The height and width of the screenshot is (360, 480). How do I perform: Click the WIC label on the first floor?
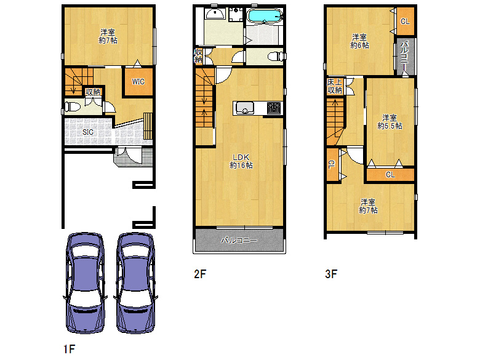pyautogui.click(x=138, y=82)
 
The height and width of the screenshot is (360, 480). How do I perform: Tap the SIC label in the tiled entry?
pyautogui.click(x=88, y=132)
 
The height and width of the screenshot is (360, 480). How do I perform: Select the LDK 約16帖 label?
pyautogui.click(x=241, y=161)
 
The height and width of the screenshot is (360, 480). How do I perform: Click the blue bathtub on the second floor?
pyautogui.click(x=264, y=15)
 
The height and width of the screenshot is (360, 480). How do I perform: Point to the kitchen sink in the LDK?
pyautogui.click(x=244, y=108)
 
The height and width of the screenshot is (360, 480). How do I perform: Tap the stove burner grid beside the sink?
pyautogui.click(x=273, y=108)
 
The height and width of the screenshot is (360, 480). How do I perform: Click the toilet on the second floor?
pyautogui.click(x=276, y=57)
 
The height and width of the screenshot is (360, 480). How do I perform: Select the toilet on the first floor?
pyautogui.click(x=72, y=107)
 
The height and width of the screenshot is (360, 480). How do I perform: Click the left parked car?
pyautogui.click(x=85, y=283)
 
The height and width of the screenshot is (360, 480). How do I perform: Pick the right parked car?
pyautogui.click(x=135, y=283)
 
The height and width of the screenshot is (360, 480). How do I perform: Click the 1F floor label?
pyautogui.click(x=69, y=349)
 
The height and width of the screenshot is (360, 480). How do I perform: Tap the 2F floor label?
pyautogui.click(x=200, y=274)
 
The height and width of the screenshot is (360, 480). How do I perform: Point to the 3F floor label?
pyautogui.click(x=331, y=274)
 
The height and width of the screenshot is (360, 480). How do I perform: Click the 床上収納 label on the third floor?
pyautogui.click(x=335, y=86)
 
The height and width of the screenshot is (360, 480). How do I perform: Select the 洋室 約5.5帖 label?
pyautogui.click(x=390, y=122)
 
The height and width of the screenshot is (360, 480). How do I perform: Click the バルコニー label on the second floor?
pyautogui.click(x=239, y=240)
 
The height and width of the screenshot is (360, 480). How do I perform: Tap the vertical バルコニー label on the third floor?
pyautogui.click(x=405, y=57)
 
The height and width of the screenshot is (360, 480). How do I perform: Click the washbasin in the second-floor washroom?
pyautogui.click(x=215, y=14)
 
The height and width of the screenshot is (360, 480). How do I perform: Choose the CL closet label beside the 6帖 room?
pyautogui.click(x=405, y=22)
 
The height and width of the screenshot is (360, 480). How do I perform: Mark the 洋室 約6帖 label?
pyautogui.click(x=360, y=41)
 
